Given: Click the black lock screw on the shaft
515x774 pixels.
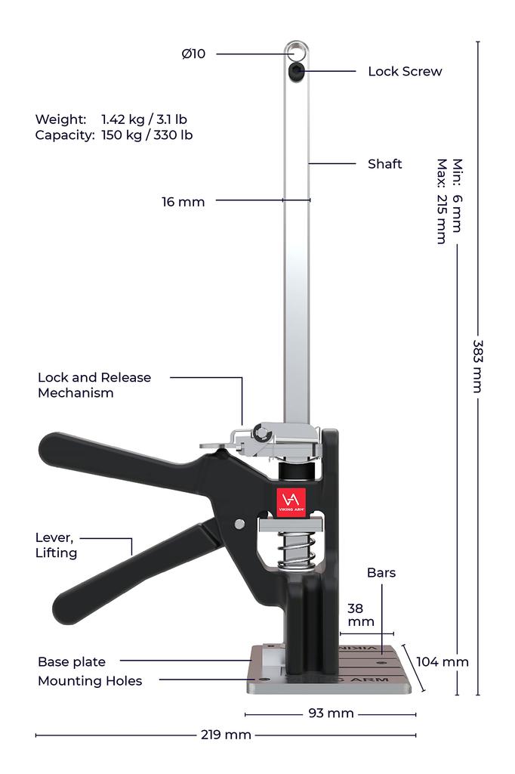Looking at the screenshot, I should click(297, 72).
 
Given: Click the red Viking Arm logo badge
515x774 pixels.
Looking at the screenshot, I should click(290, 501).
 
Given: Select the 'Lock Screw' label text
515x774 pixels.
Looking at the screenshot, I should click(405, 72).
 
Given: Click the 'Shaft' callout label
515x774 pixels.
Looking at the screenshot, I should click(385, 164).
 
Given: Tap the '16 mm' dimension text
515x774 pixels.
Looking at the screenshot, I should click(183, 202).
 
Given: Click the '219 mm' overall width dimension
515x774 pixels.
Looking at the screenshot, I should click(226, 735).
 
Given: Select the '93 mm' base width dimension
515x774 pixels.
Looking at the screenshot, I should click(331, 714).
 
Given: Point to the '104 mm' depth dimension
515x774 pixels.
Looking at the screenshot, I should click(443, 662).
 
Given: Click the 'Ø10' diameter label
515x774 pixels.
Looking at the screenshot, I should click(193, 54).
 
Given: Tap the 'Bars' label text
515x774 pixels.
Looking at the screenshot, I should click(381, 573).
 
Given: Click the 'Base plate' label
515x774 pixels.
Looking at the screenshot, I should click(72, 662).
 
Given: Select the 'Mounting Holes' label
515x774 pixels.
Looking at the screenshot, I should click(90, 681).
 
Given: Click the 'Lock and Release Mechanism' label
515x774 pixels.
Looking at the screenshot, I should click(94, 385).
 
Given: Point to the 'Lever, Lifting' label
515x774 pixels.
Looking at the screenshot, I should click(57, 545).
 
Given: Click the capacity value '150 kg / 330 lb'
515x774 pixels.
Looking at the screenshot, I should click(146, 135).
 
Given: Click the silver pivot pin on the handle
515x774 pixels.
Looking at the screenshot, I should click(239, 524).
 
